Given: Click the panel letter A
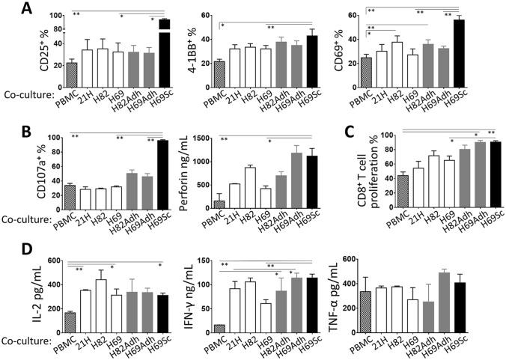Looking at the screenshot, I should click(x=11, y=9).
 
